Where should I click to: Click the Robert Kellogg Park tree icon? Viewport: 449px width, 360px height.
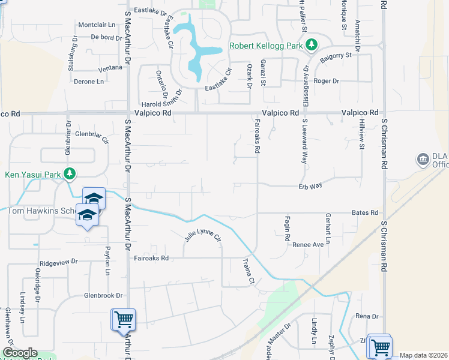tap(311, 45)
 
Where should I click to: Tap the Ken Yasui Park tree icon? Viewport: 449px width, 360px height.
tap(70, 175)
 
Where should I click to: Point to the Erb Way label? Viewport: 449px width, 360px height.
tap(310, 186)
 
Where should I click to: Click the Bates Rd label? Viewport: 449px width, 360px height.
tap(366, 213)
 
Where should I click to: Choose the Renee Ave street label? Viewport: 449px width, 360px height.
tap(308, 245)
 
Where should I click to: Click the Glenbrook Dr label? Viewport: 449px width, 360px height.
tap(103, 296)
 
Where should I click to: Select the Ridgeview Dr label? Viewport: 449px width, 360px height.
tap(59, 262)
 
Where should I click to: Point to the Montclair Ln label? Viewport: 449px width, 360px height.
tap(96, 25)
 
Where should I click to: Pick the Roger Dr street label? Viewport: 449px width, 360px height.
tap(327, 81)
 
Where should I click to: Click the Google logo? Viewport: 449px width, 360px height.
tap(19, 353)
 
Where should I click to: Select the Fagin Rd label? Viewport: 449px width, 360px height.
tap(288, 226)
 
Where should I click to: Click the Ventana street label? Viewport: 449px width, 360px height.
tap(110, 68)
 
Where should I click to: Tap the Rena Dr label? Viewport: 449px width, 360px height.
tap(367, 316)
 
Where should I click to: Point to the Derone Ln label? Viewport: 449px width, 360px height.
tap(89, 82)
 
